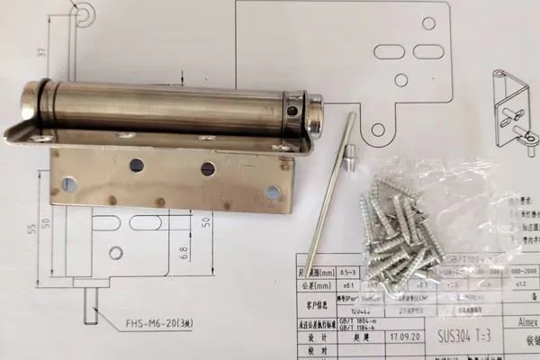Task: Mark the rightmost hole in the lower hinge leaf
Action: click(x=274, y=192)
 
